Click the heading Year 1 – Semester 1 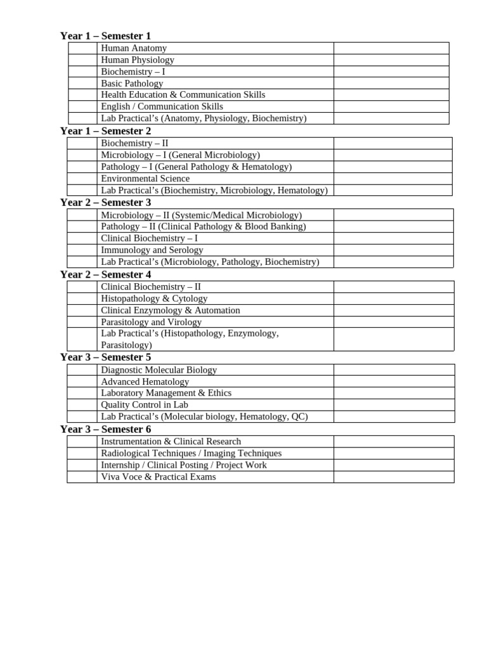pyautogui.click(x=105, y=36)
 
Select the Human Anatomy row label pyautogui.click(x=134, y=48)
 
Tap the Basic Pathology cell pyautogui.click(x=132, y=83)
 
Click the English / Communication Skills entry pyautogui.click(x=162, y=106)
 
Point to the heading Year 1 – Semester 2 pyautogui.click(x=105, y=131)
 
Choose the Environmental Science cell pyautogui.click(x=145, y=179)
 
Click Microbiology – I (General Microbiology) pyautogui.click(x=180, y=155)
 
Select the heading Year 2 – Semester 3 pyautogui.click(x=105, y=203)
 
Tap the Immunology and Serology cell pyautogui.click(x=152, y=250)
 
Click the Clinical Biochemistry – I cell pyautogui.click(x=149, y=238)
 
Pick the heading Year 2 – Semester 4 pyautogui.click(x=105, y=274)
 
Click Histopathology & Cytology pyautogui.click(x=154, y=299)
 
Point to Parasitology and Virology pyautogui.click(x=151, y=322)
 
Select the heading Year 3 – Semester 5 pyautogui.click(x=105, y=357)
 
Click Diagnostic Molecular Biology pyautogui.click(x=159, y=370)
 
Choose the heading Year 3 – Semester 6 pyautogui.click(x=105, y=430)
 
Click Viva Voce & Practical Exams pyautogui.click(x=158, y=477)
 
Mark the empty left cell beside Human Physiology pyautogui.click(x=82, y=60)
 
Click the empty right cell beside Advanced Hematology pyautogui.click(x=393, y=382)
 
